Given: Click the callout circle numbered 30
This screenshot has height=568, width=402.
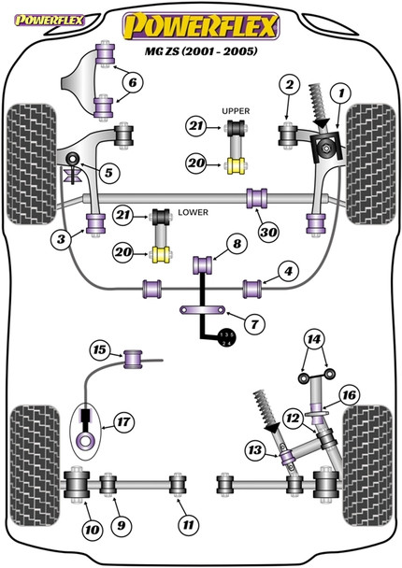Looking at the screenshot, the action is [x=268, y=232].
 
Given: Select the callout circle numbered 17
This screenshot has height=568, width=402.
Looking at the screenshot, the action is [x=123, y=422].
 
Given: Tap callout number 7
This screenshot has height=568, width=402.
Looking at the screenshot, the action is [x=254, y=323].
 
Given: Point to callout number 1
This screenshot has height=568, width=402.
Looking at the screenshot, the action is [x=340, y=93].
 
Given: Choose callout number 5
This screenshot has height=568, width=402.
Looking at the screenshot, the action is [x=108, y=173].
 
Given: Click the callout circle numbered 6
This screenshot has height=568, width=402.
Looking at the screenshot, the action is [x=133, y=82].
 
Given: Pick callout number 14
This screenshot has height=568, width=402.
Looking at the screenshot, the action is [x=314, y=339].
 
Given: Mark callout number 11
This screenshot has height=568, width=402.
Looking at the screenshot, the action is [x=189, y=525].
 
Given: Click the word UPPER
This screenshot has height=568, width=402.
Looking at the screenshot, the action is [x=236, y=111].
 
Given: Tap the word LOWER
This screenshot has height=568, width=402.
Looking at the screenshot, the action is [x=193, y=212].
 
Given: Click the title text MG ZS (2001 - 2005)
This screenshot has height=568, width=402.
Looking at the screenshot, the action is [x=201, y=51].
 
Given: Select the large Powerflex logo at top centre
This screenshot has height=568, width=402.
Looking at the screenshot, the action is [x=201, y=25].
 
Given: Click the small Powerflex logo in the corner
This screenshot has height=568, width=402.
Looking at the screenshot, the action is [x=50, y=21].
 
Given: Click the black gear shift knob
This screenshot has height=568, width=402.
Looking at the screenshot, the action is [x=226, y=338].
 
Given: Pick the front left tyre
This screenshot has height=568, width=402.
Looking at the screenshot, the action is [x=32, y=163].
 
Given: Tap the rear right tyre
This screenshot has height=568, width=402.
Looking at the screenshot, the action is [x=366, y=465].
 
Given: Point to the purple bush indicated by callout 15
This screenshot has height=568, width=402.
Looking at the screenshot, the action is [x=133, y=359].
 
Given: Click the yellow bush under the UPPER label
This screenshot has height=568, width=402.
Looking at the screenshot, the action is [x=236, y=166].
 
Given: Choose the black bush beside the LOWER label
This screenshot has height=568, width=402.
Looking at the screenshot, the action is [x=161, y=217].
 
